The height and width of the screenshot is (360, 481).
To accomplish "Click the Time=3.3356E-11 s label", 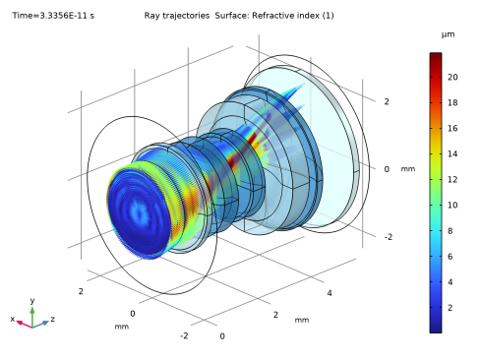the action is click(53, 16).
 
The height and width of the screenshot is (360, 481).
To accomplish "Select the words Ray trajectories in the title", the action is click(177, 16).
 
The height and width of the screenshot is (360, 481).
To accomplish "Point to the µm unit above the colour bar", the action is click(448, 34).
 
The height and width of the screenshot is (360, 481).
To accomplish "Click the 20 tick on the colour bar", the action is click(452, 77).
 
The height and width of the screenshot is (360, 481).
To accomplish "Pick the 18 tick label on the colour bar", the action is click(452, 102).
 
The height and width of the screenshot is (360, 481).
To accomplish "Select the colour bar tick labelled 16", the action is click(452, 128).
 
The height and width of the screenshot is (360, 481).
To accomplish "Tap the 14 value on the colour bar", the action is click(452, 153).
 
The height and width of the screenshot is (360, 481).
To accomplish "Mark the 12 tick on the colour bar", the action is click(452, 179).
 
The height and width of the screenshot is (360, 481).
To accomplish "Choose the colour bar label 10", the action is click(452, 205).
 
